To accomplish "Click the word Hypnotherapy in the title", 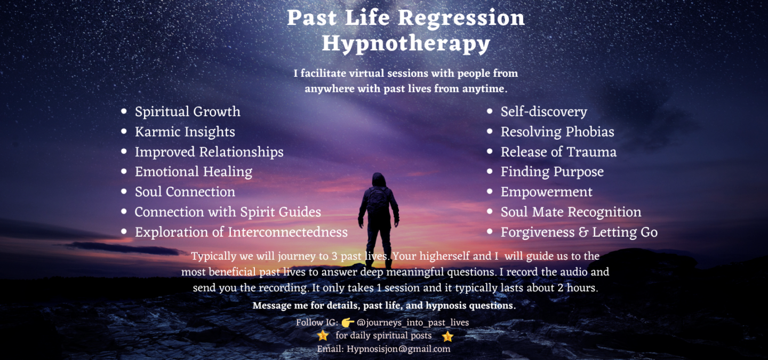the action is click(x=406, y=44).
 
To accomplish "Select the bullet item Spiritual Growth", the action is click(x=188, y=112).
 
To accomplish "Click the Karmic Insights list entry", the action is click(x=185, y=132).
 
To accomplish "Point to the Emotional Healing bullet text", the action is click(x=194, y=172).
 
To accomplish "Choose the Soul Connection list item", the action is click(x=185, y=191).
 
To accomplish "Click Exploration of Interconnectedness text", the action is click(x=241, y=232).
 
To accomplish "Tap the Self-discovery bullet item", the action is click(x=544, y=112).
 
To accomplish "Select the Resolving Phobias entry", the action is click(x=557, y=132).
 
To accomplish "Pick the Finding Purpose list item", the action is click(x=552, y=172).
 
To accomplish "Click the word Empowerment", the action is click(x=547, y=192).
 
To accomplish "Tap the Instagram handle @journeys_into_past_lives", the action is click(x=412, y=323).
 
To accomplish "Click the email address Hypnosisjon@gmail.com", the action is click(x=398, y=349).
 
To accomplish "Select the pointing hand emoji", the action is click(x=348, y=322).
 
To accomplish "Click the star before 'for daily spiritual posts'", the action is click(x=323, y=335).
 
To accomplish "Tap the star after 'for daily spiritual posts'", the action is click(x=447, y=337).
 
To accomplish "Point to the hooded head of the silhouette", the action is click(x=379, y=179).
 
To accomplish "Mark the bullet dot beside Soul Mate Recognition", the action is click(x=490, y=212).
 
